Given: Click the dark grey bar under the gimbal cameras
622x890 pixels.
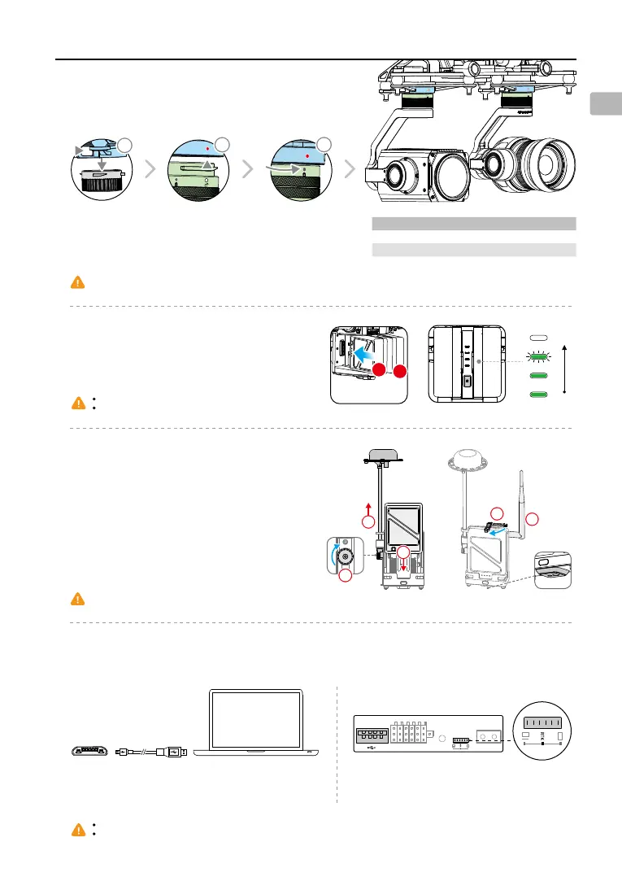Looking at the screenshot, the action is (x=473, y=223).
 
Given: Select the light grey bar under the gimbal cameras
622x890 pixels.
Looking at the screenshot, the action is (x=473, y=250).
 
